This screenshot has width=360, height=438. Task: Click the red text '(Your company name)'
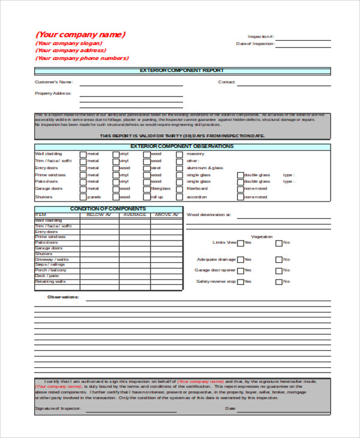coord(80,34)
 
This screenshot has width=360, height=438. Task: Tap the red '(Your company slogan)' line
coord(69,43)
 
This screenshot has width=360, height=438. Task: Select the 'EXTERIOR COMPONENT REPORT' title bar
coord(182,71)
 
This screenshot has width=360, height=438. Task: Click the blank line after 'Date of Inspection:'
coord(303,44)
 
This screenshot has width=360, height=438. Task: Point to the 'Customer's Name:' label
coord(54,82)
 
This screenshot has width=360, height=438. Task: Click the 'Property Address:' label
coord(53,94)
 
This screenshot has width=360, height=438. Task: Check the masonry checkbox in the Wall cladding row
coord(179,154)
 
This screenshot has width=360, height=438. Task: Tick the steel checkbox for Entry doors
coord(147,169)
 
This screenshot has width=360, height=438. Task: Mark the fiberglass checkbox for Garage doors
coord(147,189)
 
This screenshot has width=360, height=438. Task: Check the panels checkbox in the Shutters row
coord(82,196)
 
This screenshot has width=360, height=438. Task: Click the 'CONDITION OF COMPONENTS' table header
coord(108,209)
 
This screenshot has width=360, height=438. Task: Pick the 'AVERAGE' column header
coord(135,214)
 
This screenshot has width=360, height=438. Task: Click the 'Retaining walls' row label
coord(51,281)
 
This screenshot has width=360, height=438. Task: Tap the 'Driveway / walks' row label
coord(52,259)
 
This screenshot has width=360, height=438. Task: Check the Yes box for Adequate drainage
coord(241,260)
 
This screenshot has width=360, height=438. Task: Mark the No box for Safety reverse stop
coord(279,281)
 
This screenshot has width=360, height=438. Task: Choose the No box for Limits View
coord(279,243)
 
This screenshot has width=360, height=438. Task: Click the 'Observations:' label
coord(63,296)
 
